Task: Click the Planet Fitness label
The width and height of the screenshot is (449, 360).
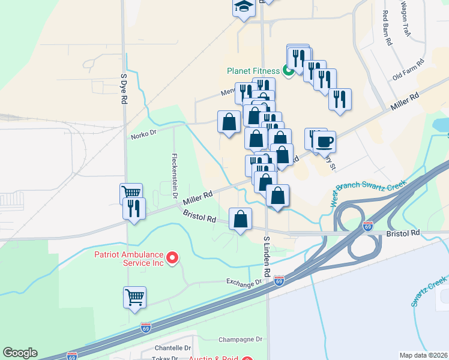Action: tap(253, 71)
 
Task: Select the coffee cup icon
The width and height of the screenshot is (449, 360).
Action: tap(325, 142)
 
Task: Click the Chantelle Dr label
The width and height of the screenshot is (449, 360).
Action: tap(173, 348)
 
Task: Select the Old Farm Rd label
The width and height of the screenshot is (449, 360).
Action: tap(408, 69)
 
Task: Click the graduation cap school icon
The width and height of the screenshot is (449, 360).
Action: tap(244, 7)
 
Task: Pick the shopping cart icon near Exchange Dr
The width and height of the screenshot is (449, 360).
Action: tap(134, 296)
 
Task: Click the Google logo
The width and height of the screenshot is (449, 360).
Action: tap(20, 353)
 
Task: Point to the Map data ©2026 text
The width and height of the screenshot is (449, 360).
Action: tap(423, 355)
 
